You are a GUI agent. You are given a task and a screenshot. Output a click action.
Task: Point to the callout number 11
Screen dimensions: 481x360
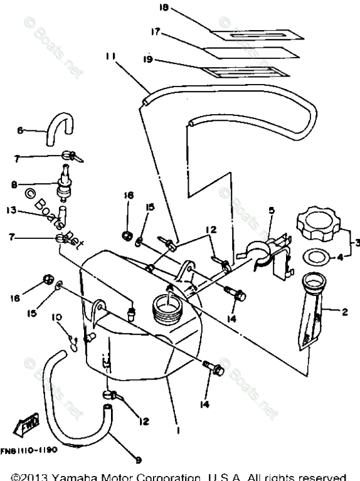pos(110,56)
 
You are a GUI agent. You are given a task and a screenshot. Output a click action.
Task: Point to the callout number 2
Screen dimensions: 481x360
pos(344,312)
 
